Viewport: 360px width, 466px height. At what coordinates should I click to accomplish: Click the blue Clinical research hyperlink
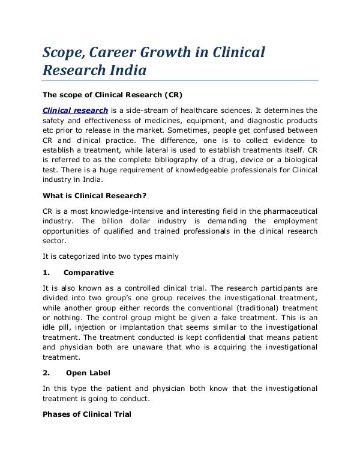point(76,110)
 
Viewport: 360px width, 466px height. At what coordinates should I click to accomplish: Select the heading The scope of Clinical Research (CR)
point(112,95)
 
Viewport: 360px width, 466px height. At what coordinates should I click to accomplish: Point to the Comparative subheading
point(88,272)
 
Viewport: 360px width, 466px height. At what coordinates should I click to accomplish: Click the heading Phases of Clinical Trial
point(86,414)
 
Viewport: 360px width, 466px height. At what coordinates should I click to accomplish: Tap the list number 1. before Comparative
point(46,272)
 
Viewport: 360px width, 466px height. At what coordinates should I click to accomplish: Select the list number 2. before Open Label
point(46,373)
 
